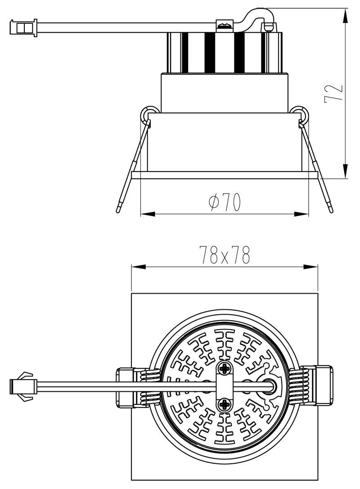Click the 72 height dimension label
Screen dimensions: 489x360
tap(333, 93)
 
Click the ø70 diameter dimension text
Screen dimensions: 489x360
tap(225, 202)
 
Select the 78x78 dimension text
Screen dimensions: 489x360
tap(224, 256)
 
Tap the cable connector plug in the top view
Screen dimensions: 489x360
tap(22, 386)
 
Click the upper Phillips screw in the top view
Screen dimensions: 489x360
tap(225, 369)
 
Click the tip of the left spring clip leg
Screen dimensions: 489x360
tap(118, 209)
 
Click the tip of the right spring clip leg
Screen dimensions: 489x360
tap(331, 209)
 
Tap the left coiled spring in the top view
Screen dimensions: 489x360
tap(149, 386)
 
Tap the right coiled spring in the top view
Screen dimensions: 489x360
tap(299, 386)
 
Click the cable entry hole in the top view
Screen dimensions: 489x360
tap(270, 386)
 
